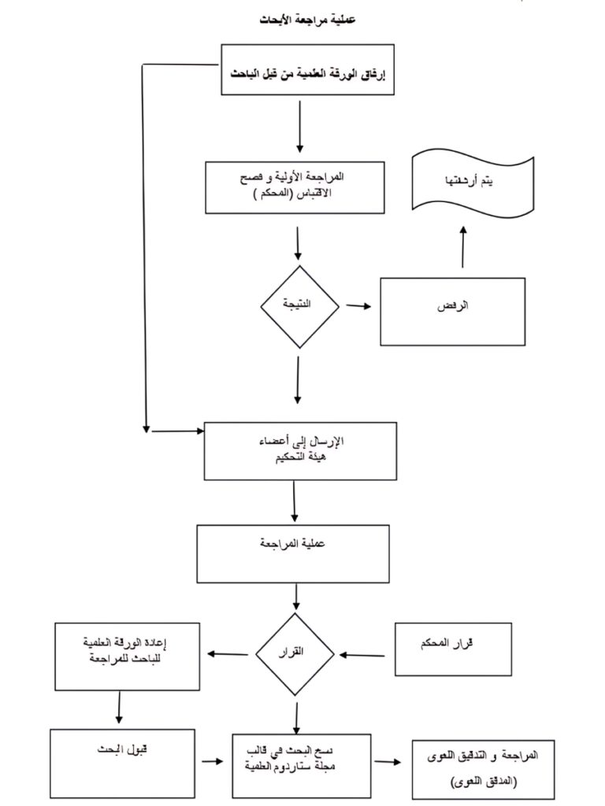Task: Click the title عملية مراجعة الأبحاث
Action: click(x=302, y=18)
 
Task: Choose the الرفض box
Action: click(x=452, y=311)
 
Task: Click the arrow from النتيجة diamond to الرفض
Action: click(x=358, y=306)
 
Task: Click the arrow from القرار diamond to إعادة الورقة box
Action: click(x=228, y=653)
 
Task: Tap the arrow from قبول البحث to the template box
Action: click(x=211, y=761)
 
